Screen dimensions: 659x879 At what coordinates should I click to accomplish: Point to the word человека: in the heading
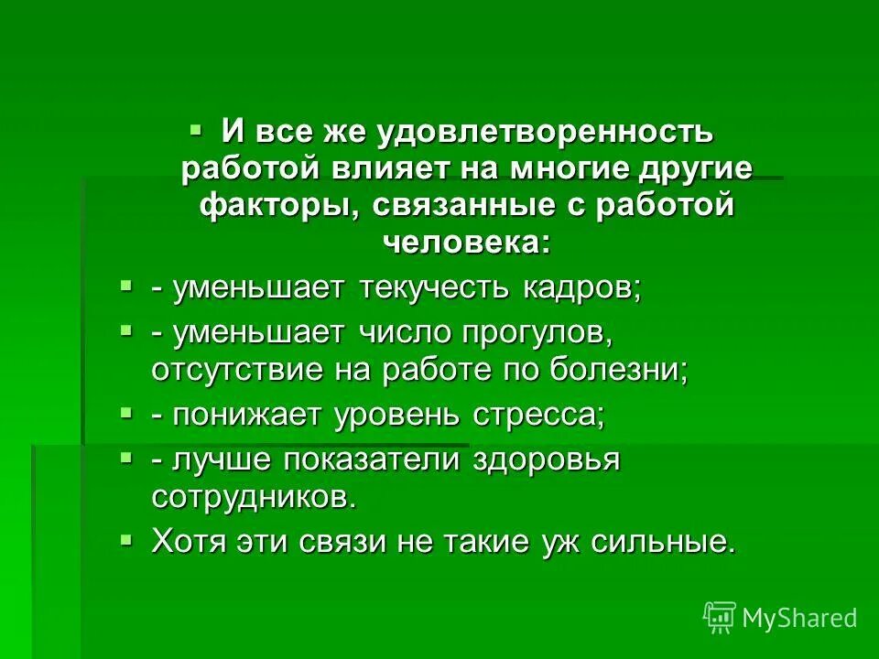point(466,242)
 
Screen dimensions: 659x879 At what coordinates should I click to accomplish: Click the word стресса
point(540,415)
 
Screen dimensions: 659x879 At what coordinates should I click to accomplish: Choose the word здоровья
point(547,459)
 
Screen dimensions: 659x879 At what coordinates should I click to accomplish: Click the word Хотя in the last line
point(185,542)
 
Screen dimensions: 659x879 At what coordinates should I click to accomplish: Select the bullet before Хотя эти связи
point(126,539)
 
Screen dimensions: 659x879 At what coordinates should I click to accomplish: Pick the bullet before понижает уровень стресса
point(126,412)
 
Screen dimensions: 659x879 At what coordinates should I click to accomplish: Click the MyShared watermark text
point(799,618)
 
